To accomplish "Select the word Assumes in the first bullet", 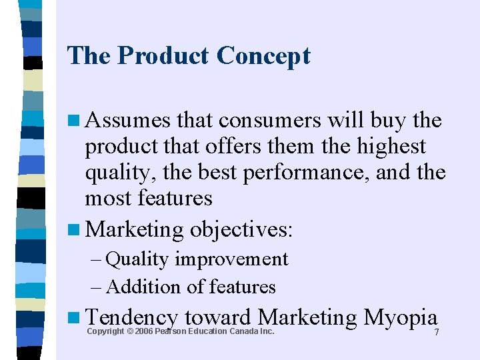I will pos(129,121).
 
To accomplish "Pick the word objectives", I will pos(241,230).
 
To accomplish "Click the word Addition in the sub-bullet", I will pos(143,287).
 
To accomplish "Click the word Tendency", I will pos(131,317).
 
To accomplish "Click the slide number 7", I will pos(437,333).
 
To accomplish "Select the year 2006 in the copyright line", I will pos(143,331).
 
